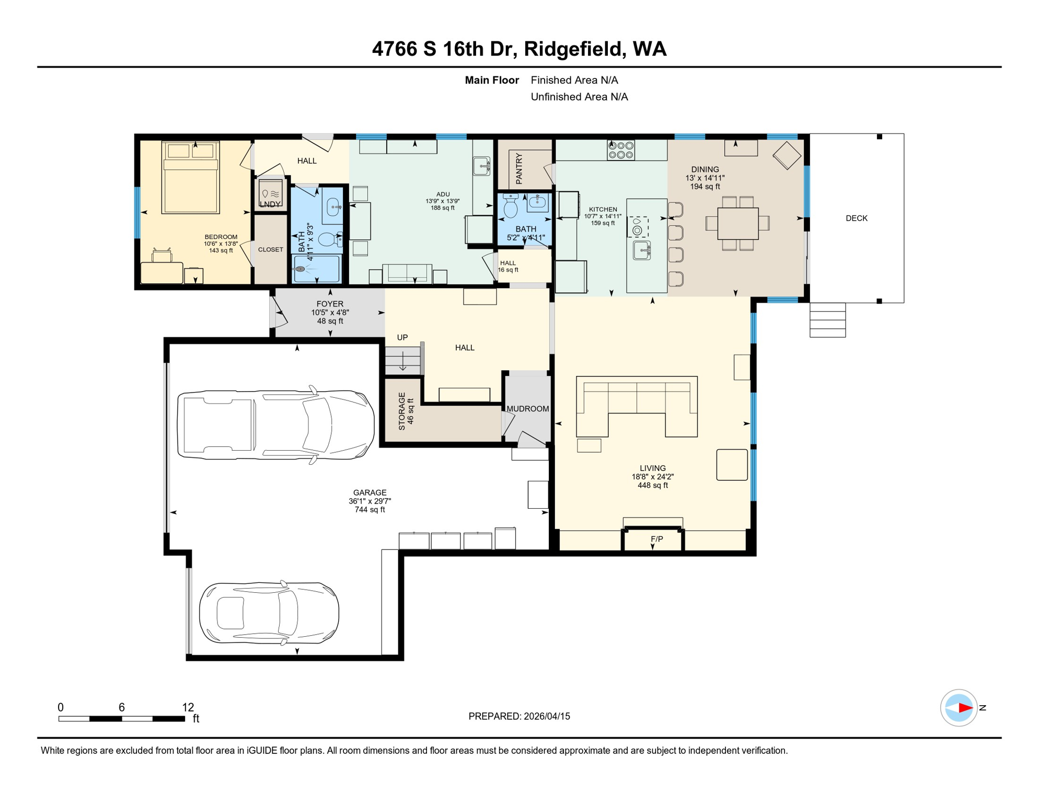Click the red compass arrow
point(965,708)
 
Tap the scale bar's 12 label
point(188,707)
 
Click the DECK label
point(856,219)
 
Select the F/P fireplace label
point(656,539)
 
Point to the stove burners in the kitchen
point(620,151)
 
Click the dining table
point(737,224)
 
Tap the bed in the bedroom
point(190,178)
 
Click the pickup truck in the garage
point(275,425)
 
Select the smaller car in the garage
point(269,612)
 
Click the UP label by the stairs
point(402,338)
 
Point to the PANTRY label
point(519,168)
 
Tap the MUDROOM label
point(527,409)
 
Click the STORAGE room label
point(401,411)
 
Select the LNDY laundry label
point(270,204)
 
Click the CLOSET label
point(270,250)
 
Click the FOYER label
point(330,304)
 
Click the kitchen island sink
point(641,251)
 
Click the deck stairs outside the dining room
point(827,320)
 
